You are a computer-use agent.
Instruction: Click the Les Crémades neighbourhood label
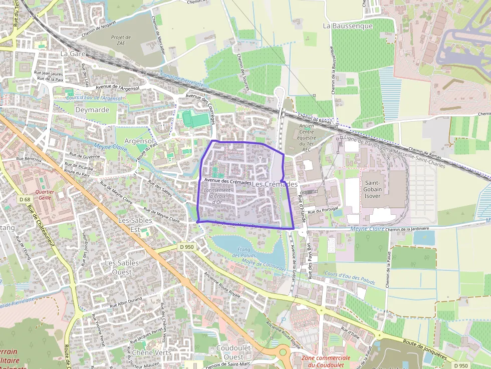pos(275,184)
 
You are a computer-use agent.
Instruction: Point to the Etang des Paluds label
pos(244,252)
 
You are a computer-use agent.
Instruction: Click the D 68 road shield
pos(25,199)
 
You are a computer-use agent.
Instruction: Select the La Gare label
pos(73,53)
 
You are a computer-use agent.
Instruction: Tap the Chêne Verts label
pos(152,352)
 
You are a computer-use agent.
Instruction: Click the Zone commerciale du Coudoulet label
pos(326,361)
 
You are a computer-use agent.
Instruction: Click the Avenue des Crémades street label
pos(227,182)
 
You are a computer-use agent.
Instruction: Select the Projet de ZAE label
pos(121,41)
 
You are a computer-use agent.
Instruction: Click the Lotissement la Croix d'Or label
pos(217,196)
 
